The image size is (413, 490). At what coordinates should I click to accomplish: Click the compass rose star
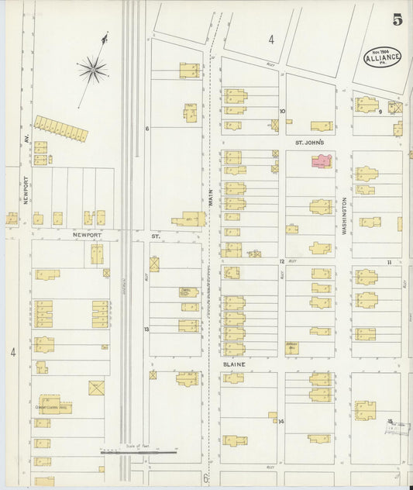pyautogui.click(x=93, y=71)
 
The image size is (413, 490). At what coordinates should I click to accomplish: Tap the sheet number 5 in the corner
pyautogui.click(x=397, y=19)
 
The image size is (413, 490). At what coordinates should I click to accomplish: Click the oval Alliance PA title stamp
pyautogui.click(x=382, y=56)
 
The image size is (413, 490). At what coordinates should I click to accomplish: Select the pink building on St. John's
pyautogui.click(x=322, y=160)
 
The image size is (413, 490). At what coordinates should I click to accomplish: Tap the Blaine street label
pyautogui.click(x=235, y=364)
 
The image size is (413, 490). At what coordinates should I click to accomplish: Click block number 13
pyautogui.click(x=146, y=330)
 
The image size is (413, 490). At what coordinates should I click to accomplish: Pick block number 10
pyautogui.click(x=282, y=111)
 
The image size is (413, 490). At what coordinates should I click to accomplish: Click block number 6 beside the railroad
pyautogui.click(x=146, y=129)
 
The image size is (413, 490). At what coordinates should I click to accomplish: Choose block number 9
pyautogui.click(x=380, y=112)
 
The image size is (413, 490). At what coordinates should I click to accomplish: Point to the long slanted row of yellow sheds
pyautogui.click(x=61, y=128)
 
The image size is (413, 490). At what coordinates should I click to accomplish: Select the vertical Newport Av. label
pyautogui.click(x=26, y=187)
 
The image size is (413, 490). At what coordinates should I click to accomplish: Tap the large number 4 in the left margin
pyautogui.click(x=13, y=352)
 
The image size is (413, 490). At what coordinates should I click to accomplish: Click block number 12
pyautogui.click(x=282, y=262)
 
